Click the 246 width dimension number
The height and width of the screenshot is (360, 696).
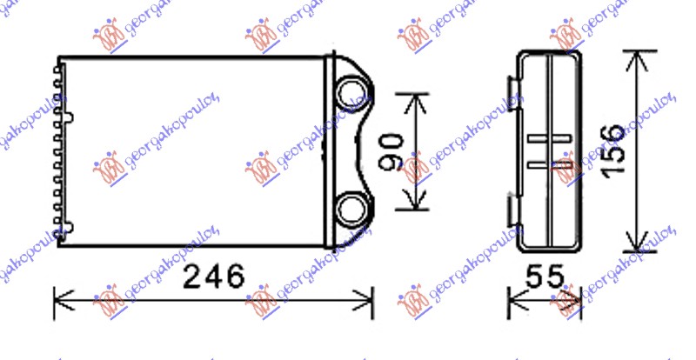tap(214, 278)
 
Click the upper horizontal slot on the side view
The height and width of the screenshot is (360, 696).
tap(548, 138)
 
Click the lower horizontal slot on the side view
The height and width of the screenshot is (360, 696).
tap(548, 163)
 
